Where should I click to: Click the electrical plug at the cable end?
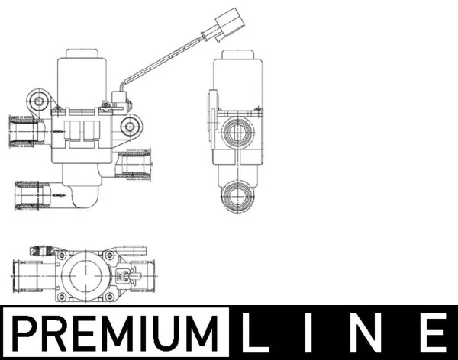point(227,22)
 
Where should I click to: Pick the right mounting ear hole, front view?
point(133,127)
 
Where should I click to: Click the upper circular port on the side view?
point(237,133)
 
